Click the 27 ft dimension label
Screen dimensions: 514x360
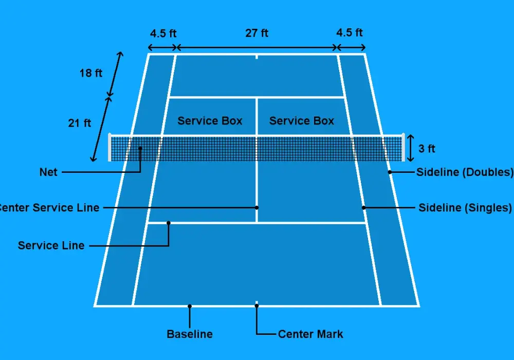coord(256,33)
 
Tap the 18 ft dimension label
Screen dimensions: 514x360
coord(91,73)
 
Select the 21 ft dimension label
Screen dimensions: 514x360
coord(79,123)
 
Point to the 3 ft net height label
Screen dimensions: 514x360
coord(427,149)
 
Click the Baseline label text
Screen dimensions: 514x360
coord(190,334)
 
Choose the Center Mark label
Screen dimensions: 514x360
coord(310,334)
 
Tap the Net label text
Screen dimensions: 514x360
coord(48,172)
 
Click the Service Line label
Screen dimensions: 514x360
coord(51,246)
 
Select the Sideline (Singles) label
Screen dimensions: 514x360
coord(465,208)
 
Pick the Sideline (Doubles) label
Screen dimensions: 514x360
coord(465,172)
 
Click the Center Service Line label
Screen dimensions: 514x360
coord(49,208)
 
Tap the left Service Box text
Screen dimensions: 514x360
coord(210,121)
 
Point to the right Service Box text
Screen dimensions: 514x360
coord(302,121)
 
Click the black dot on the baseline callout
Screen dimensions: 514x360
coord(190,306)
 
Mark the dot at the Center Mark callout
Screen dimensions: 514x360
coord(256,306)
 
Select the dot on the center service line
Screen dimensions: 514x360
coord(256,208)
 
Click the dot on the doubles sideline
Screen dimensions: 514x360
coord(390,172)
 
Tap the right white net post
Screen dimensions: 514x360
coord(403,147)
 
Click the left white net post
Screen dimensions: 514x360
coord(109,147)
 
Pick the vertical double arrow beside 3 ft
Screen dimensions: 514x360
coord(410,148)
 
